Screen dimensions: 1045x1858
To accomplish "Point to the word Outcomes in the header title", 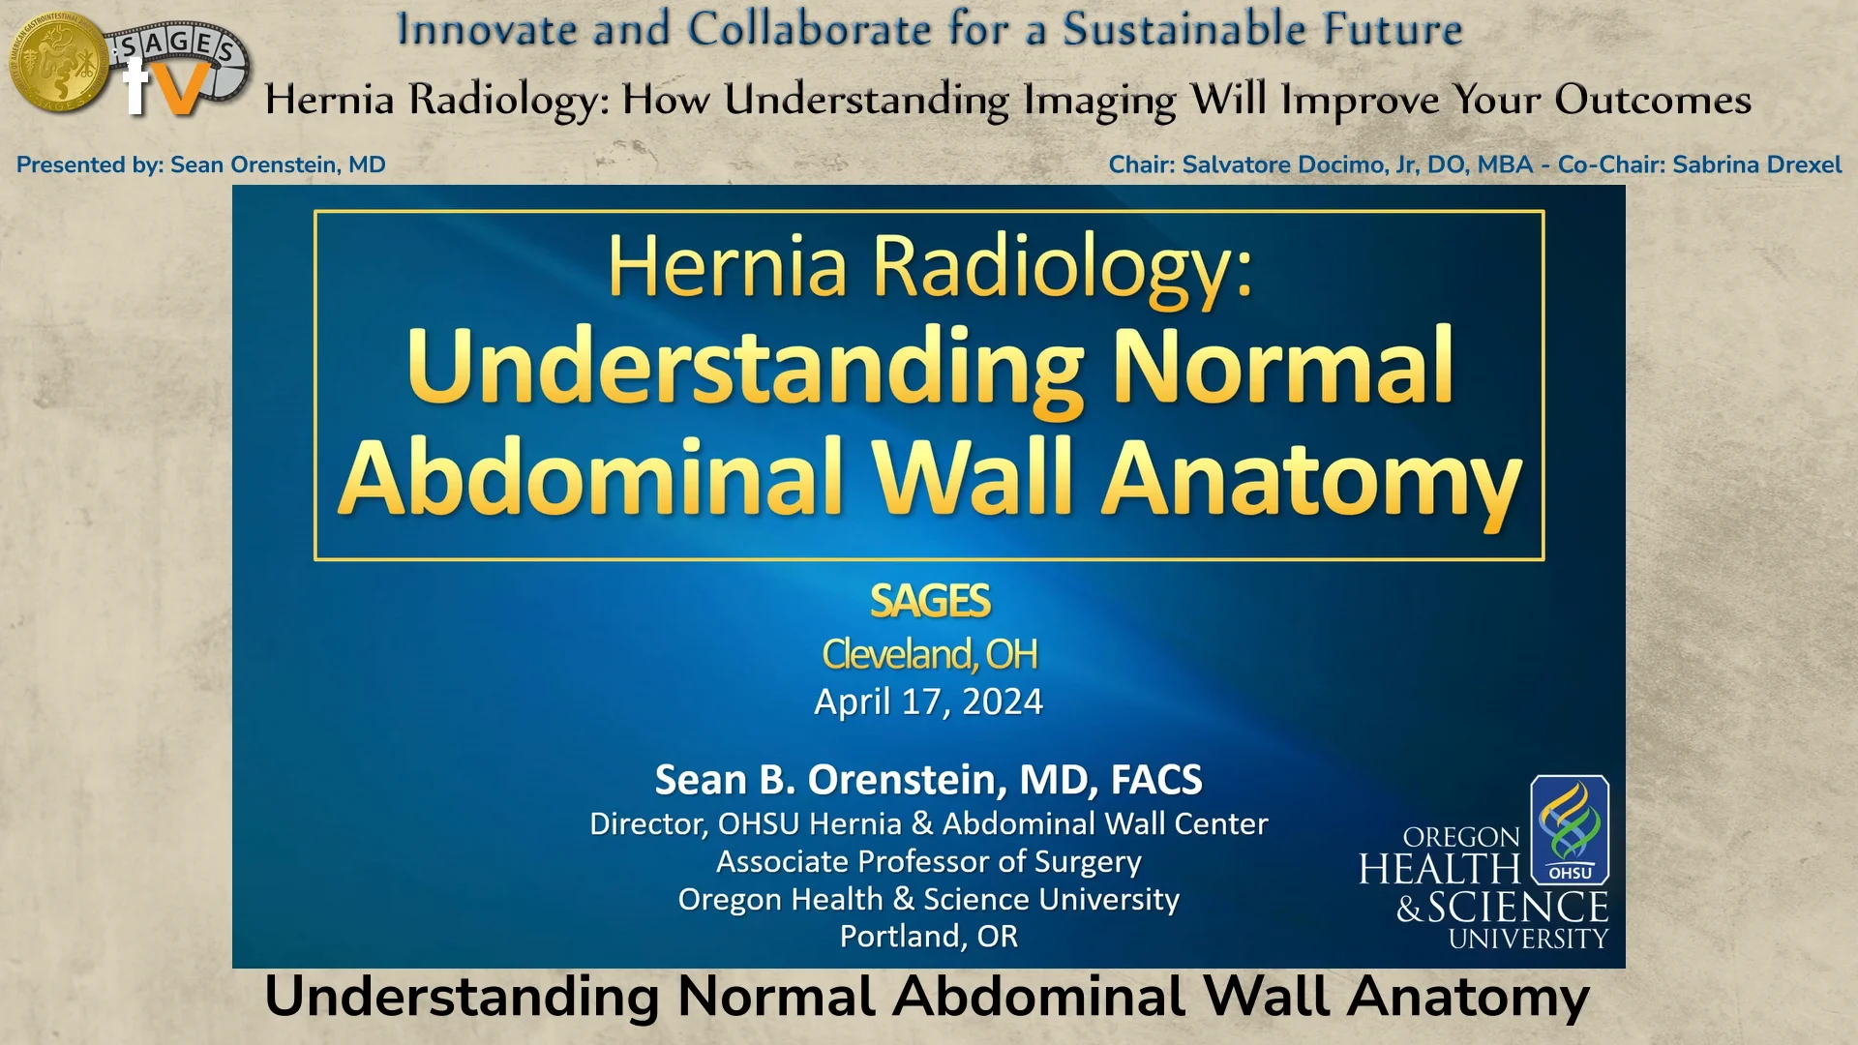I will [x=1653, y=100].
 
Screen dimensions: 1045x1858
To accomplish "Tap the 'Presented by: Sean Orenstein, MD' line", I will [x=200, y=164].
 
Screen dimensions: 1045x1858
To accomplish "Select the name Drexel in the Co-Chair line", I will [x=1798, y=164].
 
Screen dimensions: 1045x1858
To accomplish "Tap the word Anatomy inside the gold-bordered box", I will [x=1313, y=478].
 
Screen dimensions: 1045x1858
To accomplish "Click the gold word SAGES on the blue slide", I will [x=929, y=601].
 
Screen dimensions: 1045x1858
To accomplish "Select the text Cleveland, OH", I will [x=929, y=655].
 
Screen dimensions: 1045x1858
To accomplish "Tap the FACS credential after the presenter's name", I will [x=1156, y=780].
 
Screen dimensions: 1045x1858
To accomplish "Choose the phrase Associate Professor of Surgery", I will [x=929, y=861].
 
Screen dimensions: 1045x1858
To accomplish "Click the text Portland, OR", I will [x=929, y=937].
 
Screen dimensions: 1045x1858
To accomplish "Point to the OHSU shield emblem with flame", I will [x=1569, y=829].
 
